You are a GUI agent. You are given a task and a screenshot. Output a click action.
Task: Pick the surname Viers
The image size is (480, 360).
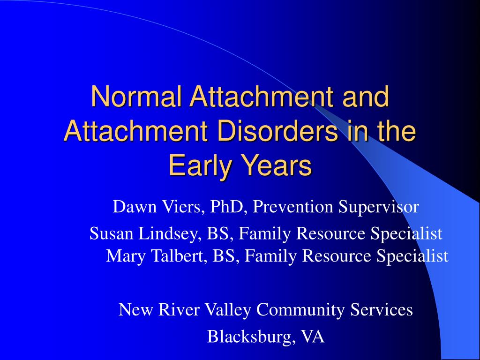click(x=179, y=206)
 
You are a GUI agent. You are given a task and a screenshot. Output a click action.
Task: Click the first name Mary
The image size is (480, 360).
click(x=123, y=256)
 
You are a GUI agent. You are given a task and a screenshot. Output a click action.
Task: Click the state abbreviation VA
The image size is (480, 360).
click(x=313, y=337)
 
